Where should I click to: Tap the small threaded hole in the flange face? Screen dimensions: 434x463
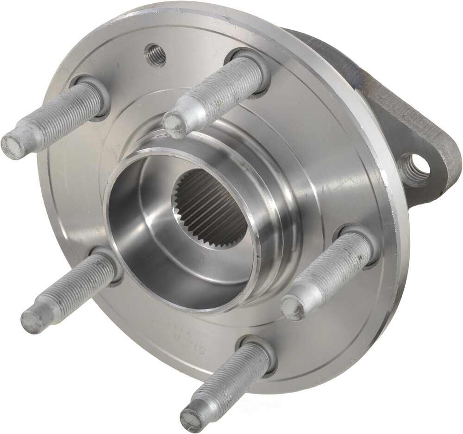coord(155,55)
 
